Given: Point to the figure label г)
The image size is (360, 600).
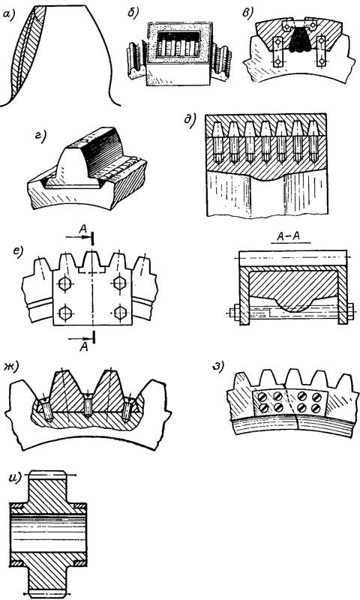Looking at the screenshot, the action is point(40,136).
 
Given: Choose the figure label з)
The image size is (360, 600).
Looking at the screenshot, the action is point(217,367).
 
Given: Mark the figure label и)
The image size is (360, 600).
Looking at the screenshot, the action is point(15,479).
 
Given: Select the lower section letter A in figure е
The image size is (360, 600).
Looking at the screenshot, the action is point(84,347).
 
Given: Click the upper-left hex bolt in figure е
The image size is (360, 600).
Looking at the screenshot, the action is point(64,283).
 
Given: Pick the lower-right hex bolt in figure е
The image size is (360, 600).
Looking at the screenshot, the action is point(120,312).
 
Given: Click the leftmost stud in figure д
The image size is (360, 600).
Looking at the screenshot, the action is point(217,142).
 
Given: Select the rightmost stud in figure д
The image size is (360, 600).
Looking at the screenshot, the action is point(313,141).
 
